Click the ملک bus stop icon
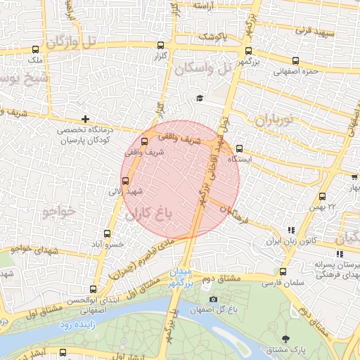(36, 50)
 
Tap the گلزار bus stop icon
(161, 46)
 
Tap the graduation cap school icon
(200, 98)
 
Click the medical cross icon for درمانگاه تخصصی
(86, 119)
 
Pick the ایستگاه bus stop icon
(240, 148)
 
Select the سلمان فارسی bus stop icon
(283, 271)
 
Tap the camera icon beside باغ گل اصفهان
(213, 300)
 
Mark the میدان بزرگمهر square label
(181, 277)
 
